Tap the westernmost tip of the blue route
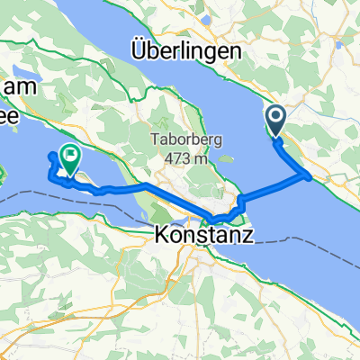(49, 157)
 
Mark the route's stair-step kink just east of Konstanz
(240, 202)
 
